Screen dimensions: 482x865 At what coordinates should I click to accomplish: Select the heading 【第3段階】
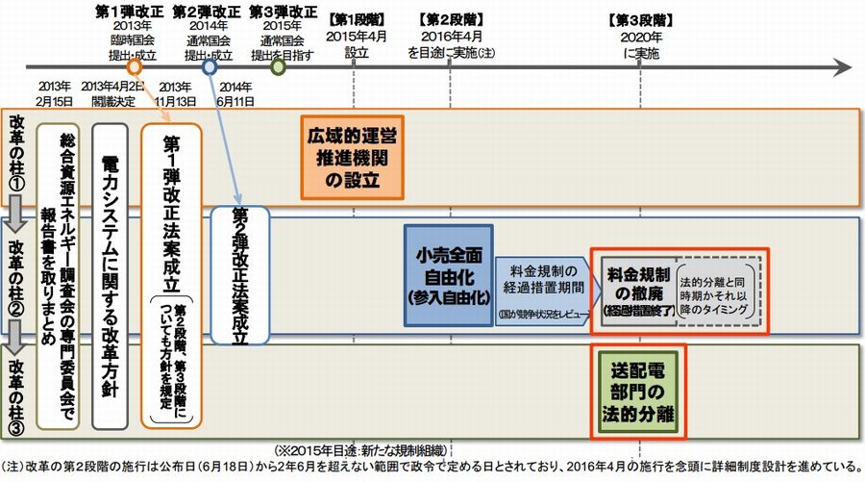click(x=641, y=18)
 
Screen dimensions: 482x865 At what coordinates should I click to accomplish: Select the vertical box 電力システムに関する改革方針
click(x=111, y=274)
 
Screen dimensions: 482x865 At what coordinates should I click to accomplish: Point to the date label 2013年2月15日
click(x=56, y=94)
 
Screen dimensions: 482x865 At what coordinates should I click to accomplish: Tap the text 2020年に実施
click(x=641, y=44)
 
